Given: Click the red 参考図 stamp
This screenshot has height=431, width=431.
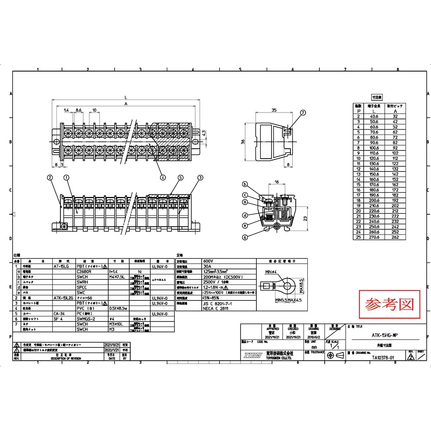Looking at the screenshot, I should tap(389, 305).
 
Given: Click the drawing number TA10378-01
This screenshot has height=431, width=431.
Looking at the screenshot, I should tap(383, 357).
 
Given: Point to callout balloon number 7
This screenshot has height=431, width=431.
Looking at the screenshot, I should tap(303, 113).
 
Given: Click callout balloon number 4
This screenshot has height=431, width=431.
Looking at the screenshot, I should tap(162, 176).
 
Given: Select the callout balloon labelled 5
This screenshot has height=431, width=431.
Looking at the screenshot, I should tap(180, 177).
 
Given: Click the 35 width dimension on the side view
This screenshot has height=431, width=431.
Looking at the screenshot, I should tap(274, 110).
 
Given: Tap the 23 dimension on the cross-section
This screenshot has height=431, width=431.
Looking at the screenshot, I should tap(305, 218).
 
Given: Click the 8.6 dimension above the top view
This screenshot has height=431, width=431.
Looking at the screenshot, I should tap(78, 111).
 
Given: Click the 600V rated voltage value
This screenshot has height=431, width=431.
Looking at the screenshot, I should tap(209, 261).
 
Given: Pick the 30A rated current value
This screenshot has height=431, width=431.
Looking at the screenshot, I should tap(208, 266).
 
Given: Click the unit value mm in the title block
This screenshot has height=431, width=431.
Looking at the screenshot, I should tap(314, 347).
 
